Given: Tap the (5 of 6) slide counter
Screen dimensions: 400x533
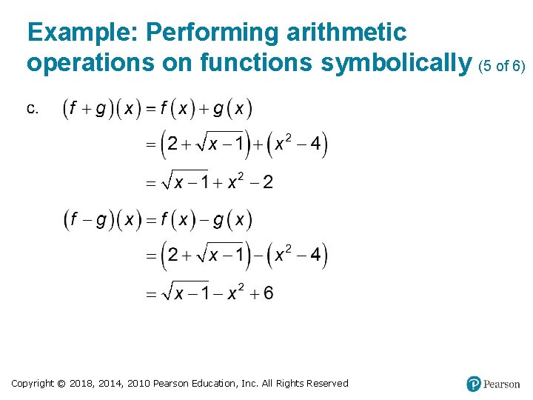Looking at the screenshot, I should (x=502, y=66).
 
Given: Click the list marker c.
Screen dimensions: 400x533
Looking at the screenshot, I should (x=33, y=109).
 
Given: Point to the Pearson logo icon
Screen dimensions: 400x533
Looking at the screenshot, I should (x=474, y=384).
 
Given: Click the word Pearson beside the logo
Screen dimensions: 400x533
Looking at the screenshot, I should (x=502, y=384).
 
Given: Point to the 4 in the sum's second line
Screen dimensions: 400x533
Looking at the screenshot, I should (x=316, y=144).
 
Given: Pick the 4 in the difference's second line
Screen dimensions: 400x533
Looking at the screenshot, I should (x=316, y=256).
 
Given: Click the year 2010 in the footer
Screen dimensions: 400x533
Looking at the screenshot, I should (x=138, y=383).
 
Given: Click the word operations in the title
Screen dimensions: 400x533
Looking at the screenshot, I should (x=90, y=64).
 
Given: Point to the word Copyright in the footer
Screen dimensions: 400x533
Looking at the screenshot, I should (x=33, y=383).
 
